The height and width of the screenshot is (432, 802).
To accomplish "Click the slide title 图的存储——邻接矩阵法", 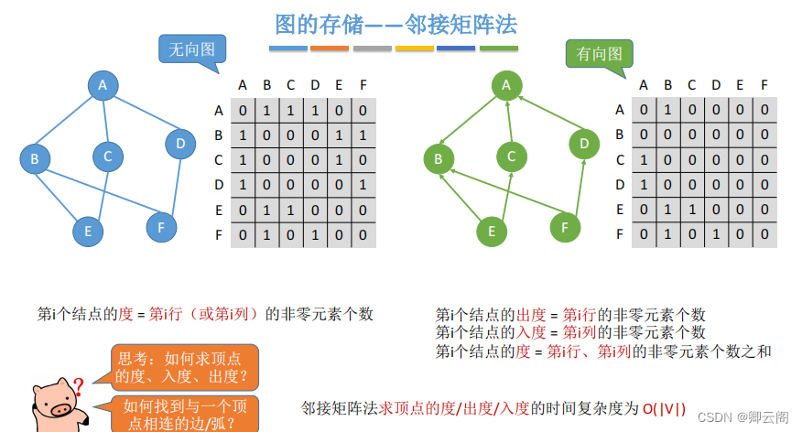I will [396, 23].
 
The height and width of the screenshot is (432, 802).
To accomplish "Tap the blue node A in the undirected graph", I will [103, 85].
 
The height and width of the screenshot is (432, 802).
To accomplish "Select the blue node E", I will [89, 231].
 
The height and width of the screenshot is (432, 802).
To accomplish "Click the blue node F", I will [161, 225].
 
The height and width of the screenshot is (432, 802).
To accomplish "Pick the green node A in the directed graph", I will [504, 85].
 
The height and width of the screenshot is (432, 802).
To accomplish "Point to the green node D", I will [583, 143].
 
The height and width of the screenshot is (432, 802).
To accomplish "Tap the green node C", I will [512, 157].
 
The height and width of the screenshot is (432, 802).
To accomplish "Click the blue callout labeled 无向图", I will [192, 49].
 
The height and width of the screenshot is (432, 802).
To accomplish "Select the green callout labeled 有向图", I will [600, 55].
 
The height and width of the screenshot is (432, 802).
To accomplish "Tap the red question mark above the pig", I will [79, 385].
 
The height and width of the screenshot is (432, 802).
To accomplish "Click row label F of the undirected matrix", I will [219, 233].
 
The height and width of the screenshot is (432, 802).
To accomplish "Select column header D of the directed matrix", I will [716, 85].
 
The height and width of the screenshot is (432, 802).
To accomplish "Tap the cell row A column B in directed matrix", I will [668, 110].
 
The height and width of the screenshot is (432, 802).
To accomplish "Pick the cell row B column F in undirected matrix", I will [363, 135].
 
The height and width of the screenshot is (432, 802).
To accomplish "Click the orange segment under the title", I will [330, 48].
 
